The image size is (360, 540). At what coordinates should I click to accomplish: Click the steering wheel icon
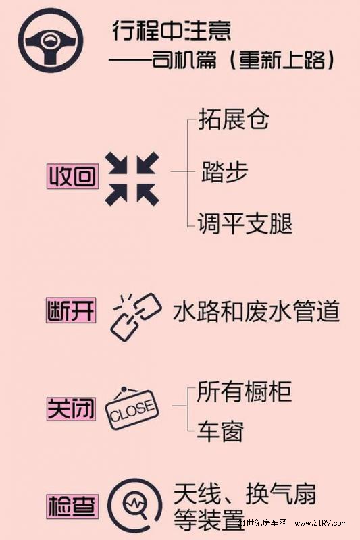click(x=51, y=40)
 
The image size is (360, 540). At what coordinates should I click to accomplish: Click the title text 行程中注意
click(x=171, y=30)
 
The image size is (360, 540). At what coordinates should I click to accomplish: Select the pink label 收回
click(x=73, y=177)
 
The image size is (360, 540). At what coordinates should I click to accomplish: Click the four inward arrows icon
click(x=132, y=178)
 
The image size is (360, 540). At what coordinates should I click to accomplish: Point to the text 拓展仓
click(x=234, y=119)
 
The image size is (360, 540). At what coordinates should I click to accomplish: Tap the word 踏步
click(x=224, y=171)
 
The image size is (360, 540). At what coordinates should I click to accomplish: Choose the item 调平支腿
click(x=245, y=223)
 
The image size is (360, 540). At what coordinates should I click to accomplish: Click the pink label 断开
click(x=72, y=310)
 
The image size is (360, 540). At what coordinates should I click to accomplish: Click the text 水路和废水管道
click(x=256, y=311)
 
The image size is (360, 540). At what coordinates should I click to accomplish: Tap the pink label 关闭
click(x=71, y=408)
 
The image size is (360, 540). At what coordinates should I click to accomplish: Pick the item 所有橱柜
click(x=245, y=391)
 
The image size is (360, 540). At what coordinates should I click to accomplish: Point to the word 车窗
click(x=220, y=431)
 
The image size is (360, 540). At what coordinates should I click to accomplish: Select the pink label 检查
click(x=73, y=506)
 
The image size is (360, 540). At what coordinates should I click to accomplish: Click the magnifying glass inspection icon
click(x=134, y=505)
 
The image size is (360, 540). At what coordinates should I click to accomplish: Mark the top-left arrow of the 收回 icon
click(x=116, y=163)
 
